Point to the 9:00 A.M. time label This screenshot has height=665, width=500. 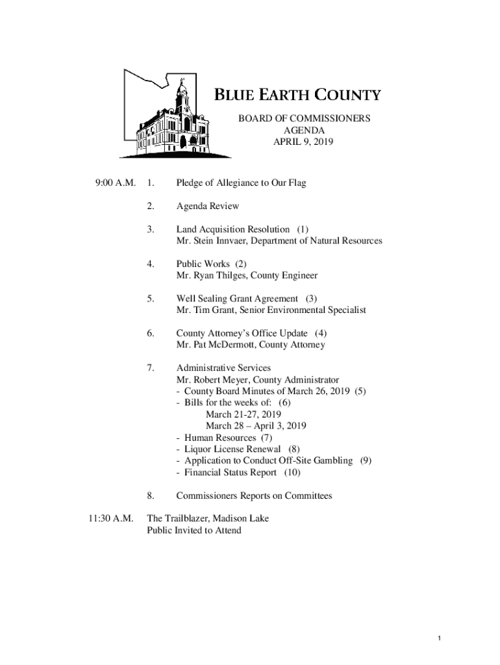[x=115, y=183]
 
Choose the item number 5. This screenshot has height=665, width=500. [x=150, y=299]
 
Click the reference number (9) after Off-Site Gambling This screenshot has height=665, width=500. [x=366, y=460]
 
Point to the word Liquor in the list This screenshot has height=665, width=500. [x=197, y=449]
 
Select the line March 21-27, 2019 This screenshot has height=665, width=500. [x=244, y=414]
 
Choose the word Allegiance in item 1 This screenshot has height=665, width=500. [x=242, y=183]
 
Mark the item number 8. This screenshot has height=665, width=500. [x=150, y=496]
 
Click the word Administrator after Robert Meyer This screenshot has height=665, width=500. [x=308, y=380]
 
